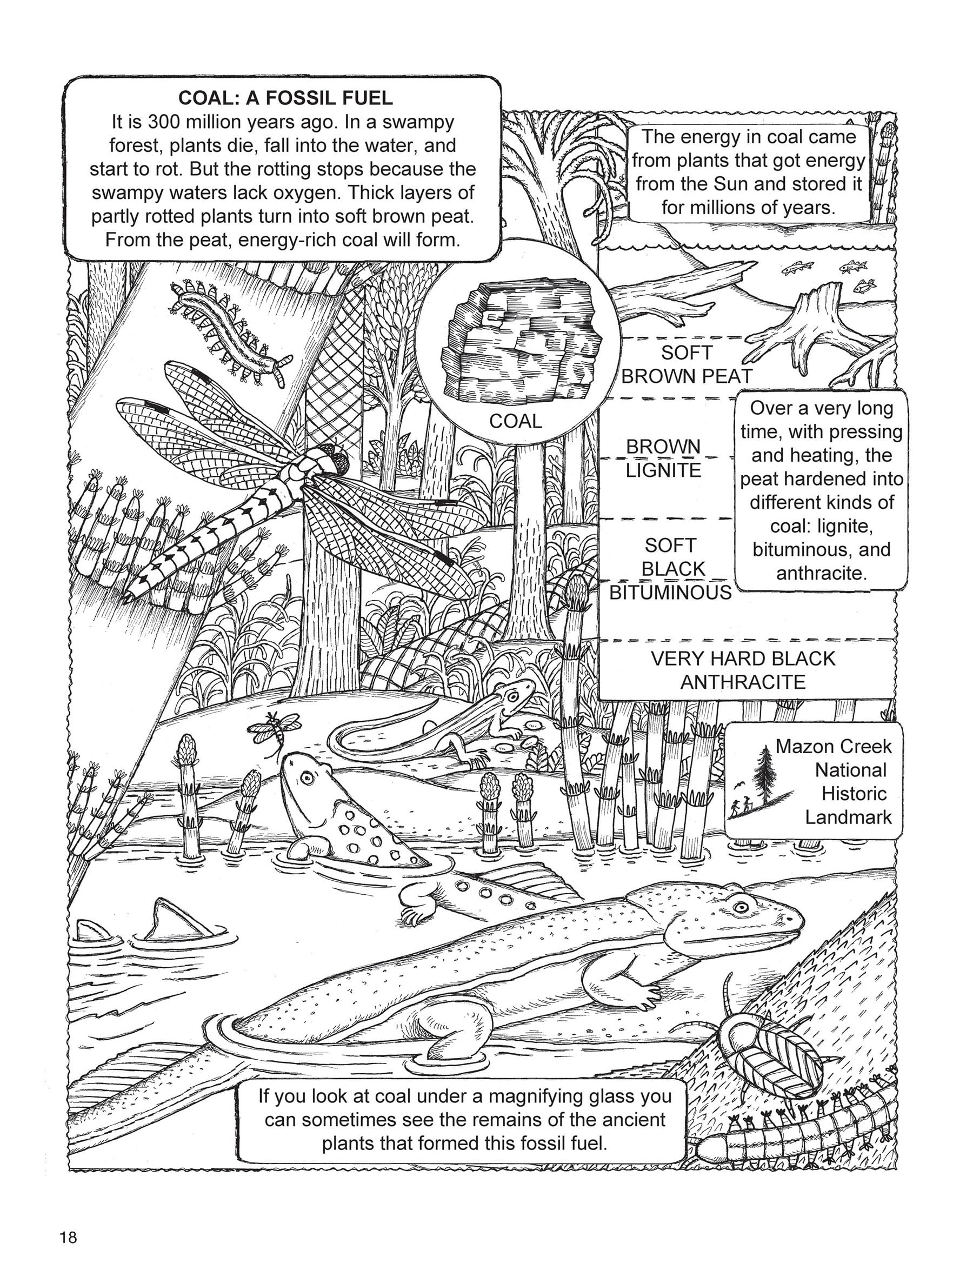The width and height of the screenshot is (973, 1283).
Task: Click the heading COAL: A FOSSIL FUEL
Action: pyautogui.click(x=285, y=97)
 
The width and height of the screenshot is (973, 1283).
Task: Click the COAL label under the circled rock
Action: pyautogui.click(x=515, y=421)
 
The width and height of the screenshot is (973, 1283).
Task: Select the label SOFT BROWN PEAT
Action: pyautogui.click(x=686, y=364)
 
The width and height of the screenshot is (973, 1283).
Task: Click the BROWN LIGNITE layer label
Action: pyautogui.click(x=663, y=458)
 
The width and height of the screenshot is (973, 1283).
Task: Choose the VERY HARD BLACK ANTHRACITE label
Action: pyautogui.click(x=743, y=670)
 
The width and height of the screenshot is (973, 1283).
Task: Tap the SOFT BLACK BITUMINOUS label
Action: pyautogui.click(x=670, y=569)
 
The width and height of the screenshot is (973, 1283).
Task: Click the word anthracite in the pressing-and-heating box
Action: pyautogui.click(x=821, y=573)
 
